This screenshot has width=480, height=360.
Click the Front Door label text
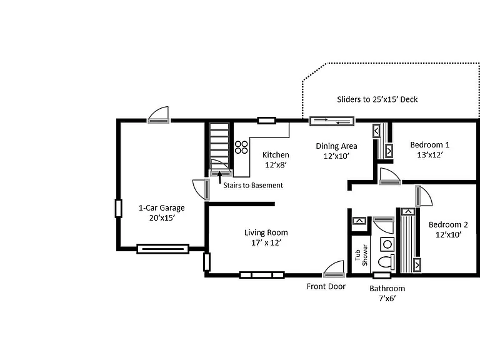326,286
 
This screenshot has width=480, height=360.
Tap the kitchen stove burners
241,147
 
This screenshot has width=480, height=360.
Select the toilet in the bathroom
386,262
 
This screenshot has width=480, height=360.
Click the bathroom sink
387,244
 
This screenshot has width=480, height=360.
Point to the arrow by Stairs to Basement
219,177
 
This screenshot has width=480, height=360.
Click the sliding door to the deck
332,121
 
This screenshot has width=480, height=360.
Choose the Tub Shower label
361,255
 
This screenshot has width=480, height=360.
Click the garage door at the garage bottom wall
162,249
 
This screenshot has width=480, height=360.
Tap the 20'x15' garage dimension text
162,217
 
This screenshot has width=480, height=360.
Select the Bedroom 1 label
430,144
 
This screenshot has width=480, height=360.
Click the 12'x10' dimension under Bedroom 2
449,234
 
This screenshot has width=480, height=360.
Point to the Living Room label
266,232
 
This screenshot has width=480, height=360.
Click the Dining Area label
336,146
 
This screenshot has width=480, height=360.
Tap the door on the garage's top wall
158,115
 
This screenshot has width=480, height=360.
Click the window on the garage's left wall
119,209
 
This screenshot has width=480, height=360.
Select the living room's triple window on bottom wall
262,275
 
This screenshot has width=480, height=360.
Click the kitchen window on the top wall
267,121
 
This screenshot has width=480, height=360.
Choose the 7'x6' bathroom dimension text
387,298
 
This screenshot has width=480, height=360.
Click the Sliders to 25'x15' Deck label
377,99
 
